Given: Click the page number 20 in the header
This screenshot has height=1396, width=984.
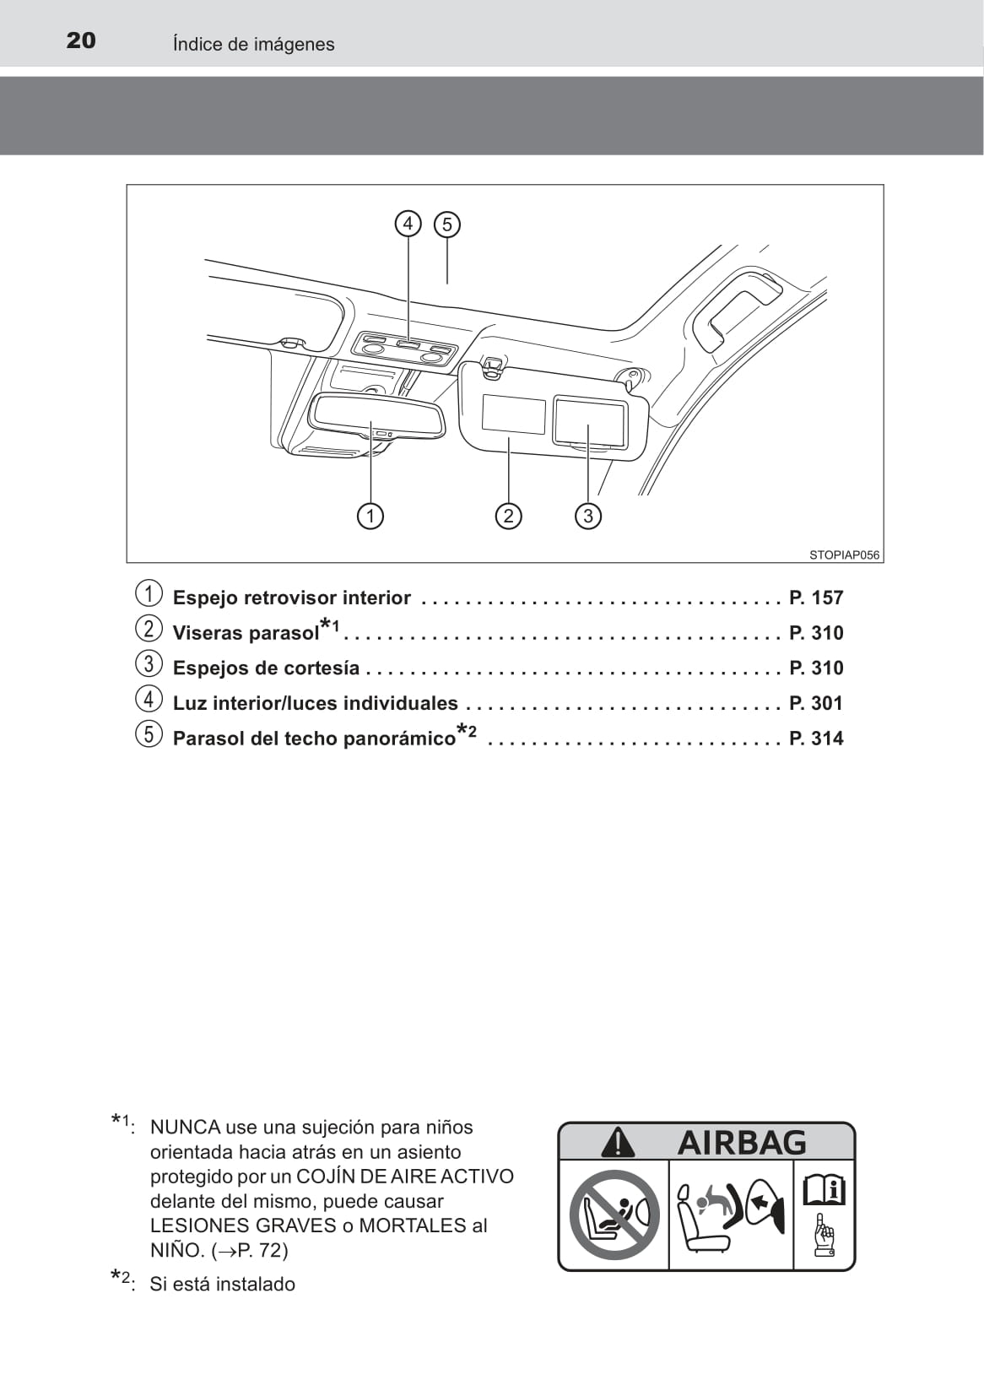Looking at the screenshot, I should (x=81, y=41).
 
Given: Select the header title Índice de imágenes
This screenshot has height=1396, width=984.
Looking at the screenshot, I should (x=253, y=44).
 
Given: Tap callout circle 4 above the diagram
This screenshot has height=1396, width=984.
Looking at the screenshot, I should (x=408, y=224).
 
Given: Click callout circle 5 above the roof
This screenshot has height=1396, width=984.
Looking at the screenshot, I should (x=447, y=225).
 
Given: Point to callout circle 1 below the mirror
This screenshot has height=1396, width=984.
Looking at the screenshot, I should (x=370, y=515).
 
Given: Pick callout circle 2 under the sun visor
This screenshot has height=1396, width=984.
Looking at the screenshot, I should (x=508, y=515).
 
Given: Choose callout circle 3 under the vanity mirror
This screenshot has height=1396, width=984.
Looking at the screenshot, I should (x=588, y=515).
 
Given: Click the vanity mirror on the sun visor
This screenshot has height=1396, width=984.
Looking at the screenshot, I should (x=590, y=421).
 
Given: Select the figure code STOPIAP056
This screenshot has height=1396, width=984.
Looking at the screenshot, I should (x=844, y=555).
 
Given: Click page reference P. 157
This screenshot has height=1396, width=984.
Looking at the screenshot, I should (x=816, y=598).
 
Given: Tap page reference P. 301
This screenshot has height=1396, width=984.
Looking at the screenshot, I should (x=816, y=703).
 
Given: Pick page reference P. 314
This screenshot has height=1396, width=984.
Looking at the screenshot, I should (x=816, y=739).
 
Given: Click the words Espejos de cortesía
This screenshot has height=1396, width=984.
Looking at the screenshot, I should (x=266, y=668).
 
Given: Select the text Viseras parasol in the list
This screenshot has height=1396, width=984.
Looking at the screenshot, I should (x=246, y=633).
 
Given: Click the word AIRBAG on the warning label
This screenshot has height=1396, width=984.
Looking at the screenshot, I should (x=742, y=1143).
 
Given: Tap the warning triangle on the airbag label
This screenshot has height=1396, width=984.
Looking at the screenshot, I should (x=618, y=1143).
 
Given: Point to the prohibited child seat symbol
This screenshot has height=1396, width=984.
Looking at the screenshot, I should (x=614, y=1214).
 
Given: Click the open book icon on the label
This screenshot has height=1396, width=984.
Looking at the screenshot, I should (x=824, y=1189).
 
